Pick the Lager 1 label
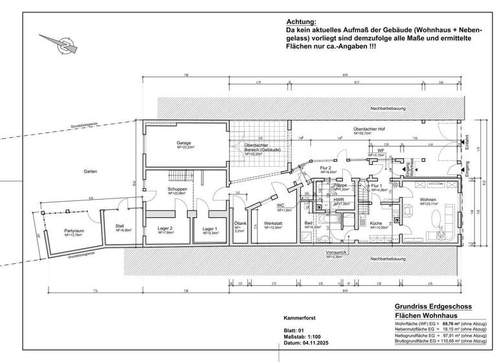pyautogui.click(x=209, y=229)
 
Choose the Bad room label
pyautogui.click(x=309, y=224)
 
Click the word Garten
pyautogui.click(x=91, y=171)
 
